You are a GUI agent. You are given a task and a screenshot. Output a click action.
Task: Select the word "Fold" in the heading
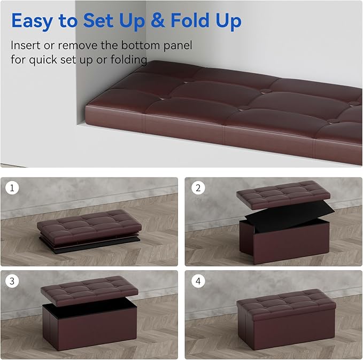pos(190,21)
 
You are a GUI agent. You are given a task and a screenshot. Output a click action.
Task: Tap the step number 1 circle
pos(11,188)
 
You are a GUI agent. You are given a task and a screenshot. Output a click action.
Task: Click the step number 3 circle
pos(11,281)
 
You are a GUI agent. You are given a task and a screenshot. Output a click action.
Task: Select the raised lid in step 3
pos(90,288)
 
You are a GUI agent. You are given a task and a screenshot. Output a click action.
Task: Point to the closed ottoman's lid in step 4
pos(285,303)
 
